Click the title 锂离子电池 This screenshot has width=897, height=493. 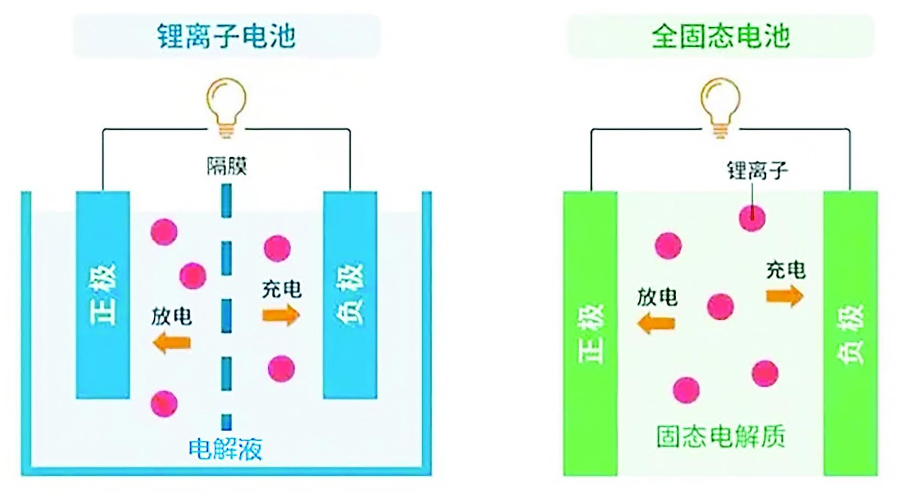tap(226, 36)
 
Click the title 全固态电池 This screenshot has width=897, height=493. tap(720, 36)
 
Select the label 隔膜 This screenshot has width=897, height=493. tap(226, 166)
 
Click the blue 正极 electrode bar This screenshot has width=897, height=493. tap(103, 295)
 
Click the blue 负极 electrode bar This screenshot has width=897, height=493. tap(350, 295)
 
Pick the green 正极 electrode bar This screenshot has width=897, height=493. tap(590, 334)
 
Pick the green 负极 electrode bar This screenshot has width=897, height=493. tap(850, 334)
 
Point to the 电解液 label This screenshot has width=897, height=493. tap(225, 449)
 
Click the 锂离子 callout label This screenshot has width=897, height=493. tap(757, 170)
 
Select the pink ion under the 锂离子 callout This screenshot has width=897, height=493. tap(752, 218)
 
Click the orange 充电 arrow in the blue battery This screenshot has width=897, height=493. tap(281, 316)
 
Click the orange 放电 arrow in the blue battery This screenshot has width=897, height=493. tap(172, 343)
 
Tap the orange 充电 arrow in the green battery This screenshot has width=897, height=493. tap(785, 295)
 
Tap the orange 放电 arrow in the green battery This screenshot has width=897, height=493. tap(656, 323)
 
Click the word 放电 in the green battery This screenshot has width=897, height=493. tap(657, 297)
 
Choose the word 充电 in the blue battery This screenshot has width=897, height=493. tap(281, 289)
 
